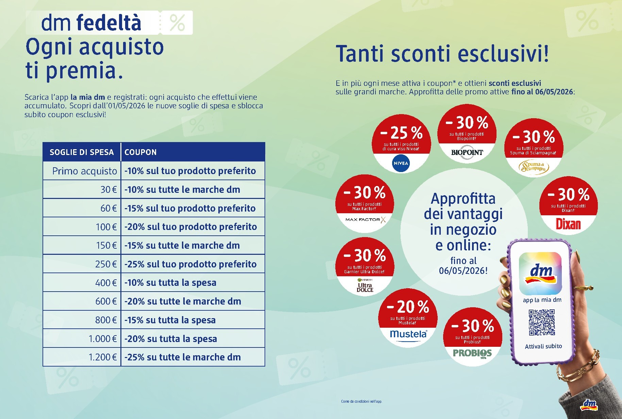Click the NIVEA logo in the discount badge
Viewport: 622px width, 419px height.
tap(401, 163)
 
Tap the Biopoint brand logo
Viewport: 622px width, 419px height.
tap(467, 153)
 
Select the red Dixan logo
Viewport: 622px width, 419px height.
tap(568, 224)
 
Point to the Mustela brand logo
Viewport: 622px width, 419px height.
tap(408, 334)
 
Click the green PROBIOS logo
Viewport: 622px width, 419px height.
tap(472, 353)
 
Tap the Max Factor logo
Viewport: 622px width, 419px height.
tap(365, 220)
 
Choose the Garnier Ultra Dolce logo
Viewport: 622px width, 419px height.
tap(365, 285)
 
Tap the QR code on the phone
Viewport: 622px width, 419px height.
tap(542, 322)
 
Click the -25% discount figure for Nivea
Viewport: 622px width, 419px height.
tap(401, 133)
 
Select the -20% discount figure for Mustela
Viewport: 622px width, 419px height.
tap(408, 307)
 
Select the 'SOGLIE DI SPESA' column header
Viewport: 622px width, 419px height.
tap(82, 152)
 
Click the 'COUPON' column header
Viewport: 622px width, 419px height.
tap(140, 152)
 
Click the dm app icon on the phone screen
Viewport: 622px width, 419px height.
tap(540, 274)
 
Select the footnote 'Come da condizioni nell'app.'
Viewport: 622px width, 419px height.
tap(362, 401)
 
